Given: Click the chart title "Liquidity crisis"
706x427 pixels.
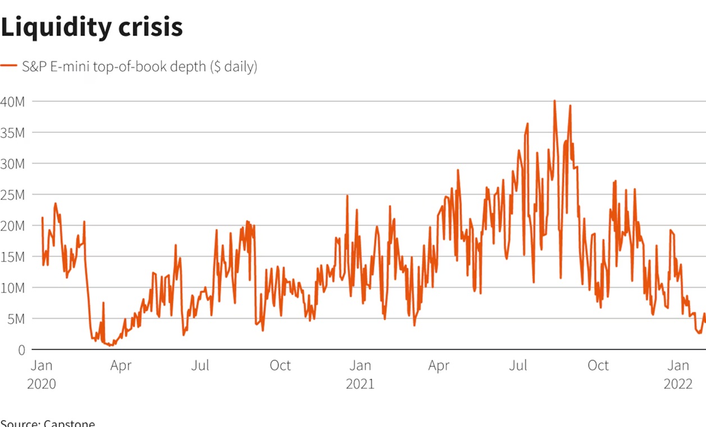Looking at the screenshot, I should [92, 27].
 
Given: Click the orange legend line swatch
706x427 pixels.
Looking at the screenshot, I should [9, 66].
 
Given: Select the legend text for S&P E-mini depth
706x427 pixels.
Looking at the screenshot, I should [139, 67].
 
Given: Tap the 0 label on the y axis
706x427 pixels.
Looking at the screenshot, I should [21, 350].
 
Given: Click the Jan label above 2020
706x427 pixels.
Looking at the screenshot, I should [41, 366].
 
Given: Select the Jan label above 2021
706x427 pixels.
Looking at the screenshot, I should [360, 366].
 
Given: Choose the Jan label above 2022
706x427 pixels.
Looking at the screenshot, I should [678, 366].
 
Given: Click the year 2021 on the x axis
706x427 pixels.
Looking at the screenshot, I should [360, 384].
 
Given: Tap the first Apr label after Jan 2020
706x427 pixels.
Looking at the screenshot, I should [121, 366].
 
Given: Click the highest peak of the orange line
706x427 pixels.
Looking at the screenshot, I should [554, 101].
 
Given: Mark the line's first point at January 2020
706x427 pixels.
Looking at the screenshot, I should [42, 218].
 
